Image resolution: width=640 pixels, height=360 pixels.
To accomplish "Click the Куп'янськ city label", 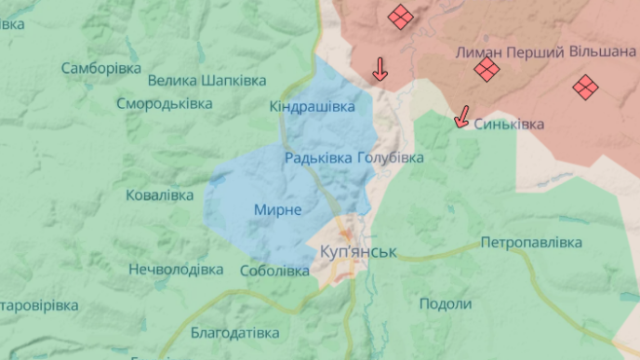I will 357,252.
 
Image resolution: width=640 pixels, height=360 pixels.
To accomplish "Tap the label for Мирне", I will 277,210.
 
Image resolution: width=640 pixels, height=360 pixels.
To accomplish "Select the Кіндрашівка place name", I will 312,107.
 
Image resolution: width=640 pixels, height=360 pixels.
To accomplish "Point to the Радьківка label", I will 318,158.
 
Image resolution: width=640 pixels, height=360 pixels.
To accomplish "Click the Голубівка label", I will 390,158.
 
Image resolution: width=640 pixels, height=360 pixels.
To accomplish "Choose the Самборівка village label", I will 100,68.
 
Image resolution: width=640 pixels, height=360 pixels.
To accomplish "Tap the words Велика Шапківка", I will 207,82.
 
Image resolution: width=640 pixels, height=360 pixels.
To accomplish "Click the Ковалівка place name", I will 159,194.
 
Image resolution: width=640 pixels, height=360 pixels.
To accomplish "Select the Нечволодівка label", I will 176,270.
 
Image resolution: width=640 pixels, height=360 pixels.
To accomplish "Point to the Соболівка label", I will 273,272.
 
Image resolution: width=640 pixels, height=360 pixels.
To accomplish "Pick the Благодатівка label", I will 234,332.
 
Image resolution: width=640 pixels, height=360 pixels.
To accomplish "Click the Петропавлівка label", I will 531,243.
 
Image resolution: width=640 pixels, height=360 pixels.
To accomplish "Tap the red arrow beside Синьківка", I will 460,117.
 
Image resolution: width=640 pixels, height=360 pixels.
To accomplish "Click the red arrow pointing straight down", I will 380,69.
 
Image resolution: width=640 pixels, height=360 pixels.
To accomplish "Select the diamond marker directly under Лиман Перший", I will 486,71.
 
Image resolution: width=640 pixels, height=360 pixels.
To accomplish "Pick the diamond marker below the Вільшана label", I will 585,87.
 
